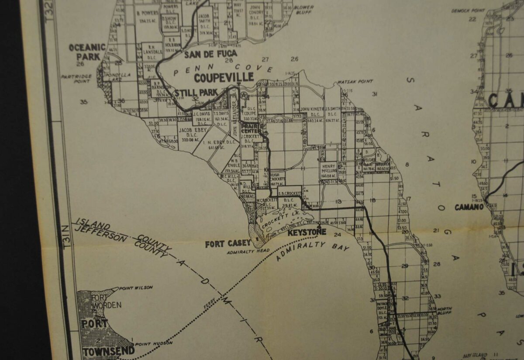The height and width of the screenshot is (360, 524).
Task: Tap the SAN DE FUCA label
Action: point(210,54)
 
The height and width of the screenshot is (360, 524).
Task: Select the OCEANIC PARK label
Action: point(87,52)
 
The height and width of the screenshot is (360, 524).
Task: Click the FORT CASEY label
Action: point(228,244)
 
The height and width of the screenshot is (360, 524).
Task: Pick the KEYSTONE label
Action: point(307,233)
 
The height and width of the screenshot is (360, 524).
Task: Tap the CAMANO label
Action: point(469,207)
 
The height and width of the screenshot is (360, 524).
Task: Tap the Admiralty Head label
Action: point(248,251)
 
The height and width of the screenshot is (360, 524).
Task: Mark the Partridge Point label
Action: point(77,78)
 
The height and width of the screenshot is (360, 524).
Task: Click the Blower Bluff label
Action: point(303,10)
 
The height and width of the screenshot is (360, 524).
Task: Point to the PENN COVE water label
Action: point(223,68)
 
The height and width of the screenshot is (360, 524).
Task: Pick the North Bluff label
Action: point(445,311)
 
